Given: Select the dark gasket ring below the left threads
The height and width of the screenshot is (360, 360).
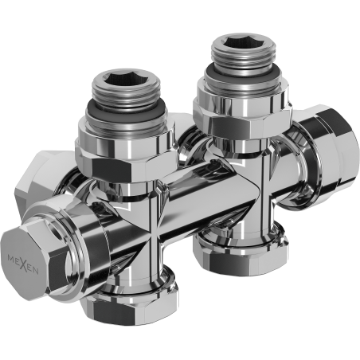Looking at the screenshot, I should click(125, 120).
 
